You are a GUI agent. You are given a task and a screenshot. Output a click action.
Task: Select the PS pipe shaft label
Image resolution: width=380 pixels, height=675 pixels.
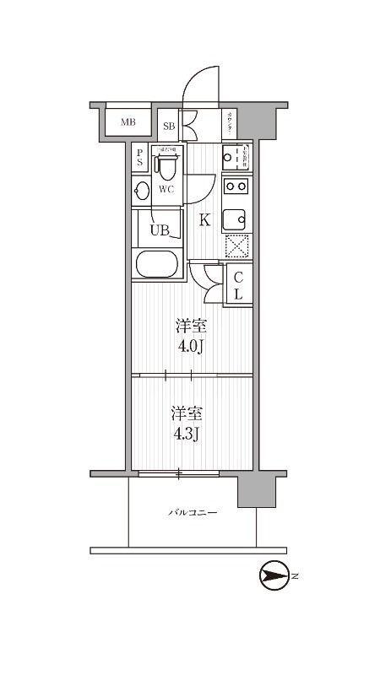coord(139,158)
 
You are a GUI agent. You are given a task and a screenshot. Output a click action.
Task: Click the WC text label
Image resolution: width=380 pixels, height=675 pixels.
coord(166,189)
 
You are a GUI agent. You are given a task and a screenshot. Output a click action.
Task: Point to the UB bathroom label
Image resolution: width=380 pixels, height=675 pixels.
coord(160,229)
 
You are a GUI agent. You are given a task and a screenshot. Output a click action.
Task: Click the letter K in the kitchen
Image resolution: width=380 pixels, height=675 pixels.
coord(204,221)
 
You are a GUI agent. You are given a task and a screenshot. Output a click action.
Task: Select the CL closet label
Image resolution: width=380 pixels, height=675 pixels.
coord(238,285)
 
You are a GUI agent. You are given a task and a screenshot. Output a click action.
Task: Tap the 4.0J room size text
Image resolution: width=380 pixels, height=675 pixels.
coord(191,335)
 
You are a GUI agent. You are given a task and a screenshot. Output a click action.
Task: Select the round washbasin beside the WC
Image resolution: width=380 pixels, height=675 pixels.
coord(142,190)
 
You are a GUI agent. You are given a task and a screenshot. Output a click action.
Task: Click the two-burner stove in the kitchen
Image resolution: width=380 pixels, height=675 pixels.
coord(236,186)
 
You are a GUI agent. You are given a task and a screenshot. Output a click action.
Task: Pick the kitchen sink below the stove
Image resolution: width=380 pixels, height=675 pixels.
coord(235,219)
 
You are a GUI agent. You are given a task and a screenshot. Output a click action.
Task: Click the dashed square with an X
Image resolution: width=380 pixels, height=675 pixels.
coord(236,246)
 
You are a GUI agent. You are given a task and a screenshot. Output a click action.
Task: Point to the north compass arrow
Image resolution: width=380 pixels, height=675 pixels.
coord(274,578)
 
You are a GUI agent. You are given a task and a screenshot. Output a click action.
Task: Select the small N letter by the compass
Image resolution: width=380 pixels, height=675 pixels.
coord(296,578)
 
